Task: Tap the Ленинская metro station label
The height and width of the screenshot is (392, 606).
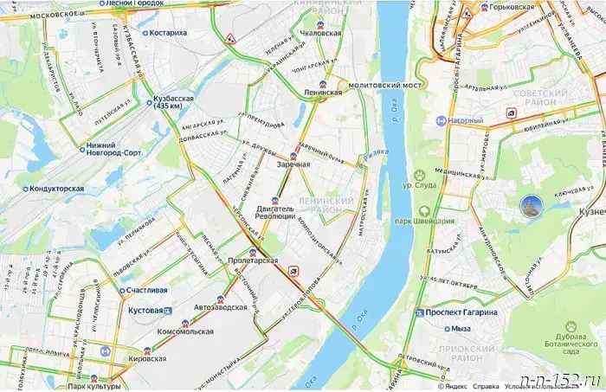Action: pyautogui.click(x=322, y=92)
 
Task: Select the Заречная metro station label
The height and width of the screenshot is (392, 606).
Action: pyautogui.click(x=293, y=164)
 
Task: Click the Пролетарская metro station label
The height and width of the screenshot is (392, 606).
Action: pyautogui.click(x=253, y=260)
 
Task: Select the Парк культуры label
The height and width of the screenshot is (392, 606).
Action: pyautogui.click(x=94, y=387)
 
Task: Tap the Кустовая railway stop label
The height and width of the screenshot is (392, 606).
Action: pyautogui.click(x=145, y=309)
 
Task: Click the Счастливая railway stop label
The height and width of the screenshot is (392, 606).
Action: pyautogui.click(x=147, y=290)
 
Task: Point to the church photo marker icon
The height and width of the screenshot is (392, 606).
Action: pyautogui.click(x=530, y=206)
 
